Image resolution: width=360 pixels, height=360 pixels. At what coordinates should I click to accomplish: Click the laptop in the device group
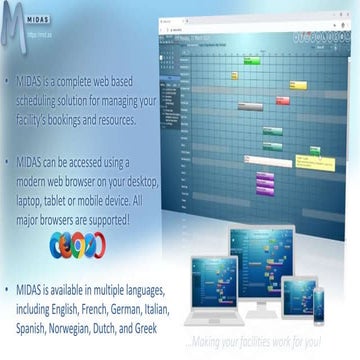(211, 290)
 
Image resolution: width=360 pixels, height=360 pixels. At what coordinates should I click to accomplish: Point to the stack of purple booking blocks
(265, 183)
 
